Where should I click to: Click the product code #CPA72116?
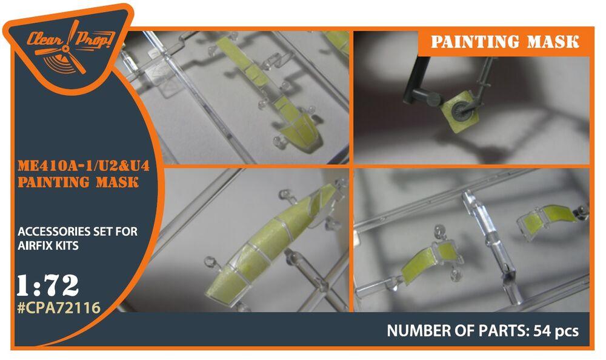click(58, 308)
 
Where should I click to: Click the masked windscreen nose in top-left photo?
click(294, 124)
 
